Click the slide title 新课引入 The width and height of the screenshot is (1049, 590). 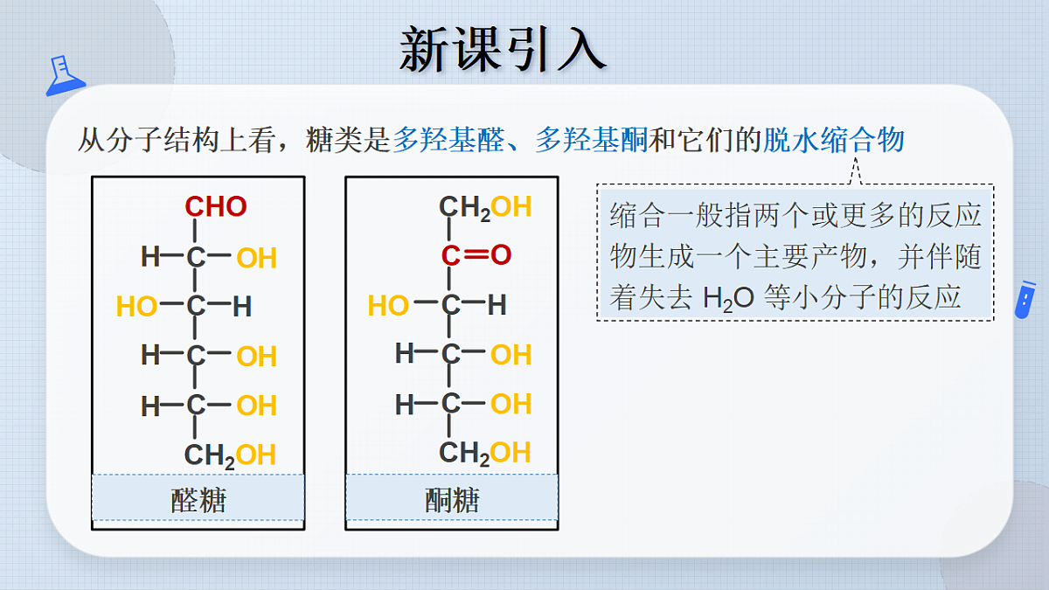503,50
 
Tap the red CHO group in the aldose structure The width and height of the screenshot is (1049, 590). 216,206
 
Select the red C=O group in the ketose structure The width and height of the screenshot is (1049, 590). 476,254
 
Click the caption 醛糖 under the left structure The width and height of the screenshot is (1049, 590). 198,500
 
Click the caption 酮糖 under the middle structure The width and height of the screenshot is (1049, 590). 453,500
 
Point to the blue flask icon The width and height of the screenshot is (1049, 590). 65,76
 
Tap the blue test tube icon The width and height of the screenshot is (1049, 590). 1025,300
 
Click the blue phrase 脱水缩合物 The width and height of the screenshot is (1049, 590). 834,140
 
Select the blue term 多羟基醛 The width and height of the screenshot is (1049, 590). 448,140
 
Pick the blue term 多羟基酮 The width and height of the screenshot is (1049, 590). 591,140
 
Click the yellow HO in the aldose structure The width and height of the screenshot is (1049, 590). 136,307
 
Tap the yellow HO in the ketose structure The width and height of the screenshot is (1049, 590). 388,305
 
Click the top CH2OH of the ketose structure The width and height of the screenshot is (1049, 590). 485,207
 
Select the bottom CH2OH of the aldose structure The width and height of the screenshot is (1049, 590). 230,455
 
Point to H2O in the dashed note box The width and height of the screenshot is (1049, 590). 729,299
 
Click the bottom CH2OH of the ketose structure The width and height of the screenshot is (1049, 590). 484,454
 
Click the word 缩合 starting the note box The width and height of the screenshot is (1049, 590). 637,216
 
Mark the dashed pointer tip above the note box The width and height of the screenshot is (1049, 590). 855,158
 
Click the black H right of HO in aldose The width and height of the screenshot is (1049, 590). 242,307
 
